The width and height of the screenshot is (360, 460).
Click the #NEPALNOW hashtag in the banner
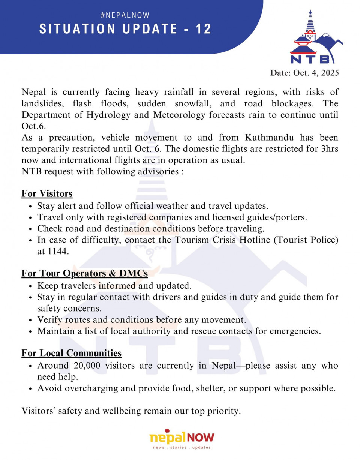(125, 15)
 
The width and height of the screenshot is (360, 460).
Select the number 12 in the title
(204, 29)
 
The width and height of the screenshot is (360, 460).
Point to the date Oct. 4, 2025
(304, 73)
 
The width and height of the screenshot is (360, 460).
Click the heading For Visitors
(47, 193)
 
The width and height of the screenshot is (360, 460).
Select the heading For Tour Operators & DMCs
(84, 273)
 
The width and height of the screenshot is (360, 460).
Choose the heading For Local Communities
(71, 353)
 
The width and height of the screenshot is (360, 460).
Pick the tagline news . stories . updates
(182, 447)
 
